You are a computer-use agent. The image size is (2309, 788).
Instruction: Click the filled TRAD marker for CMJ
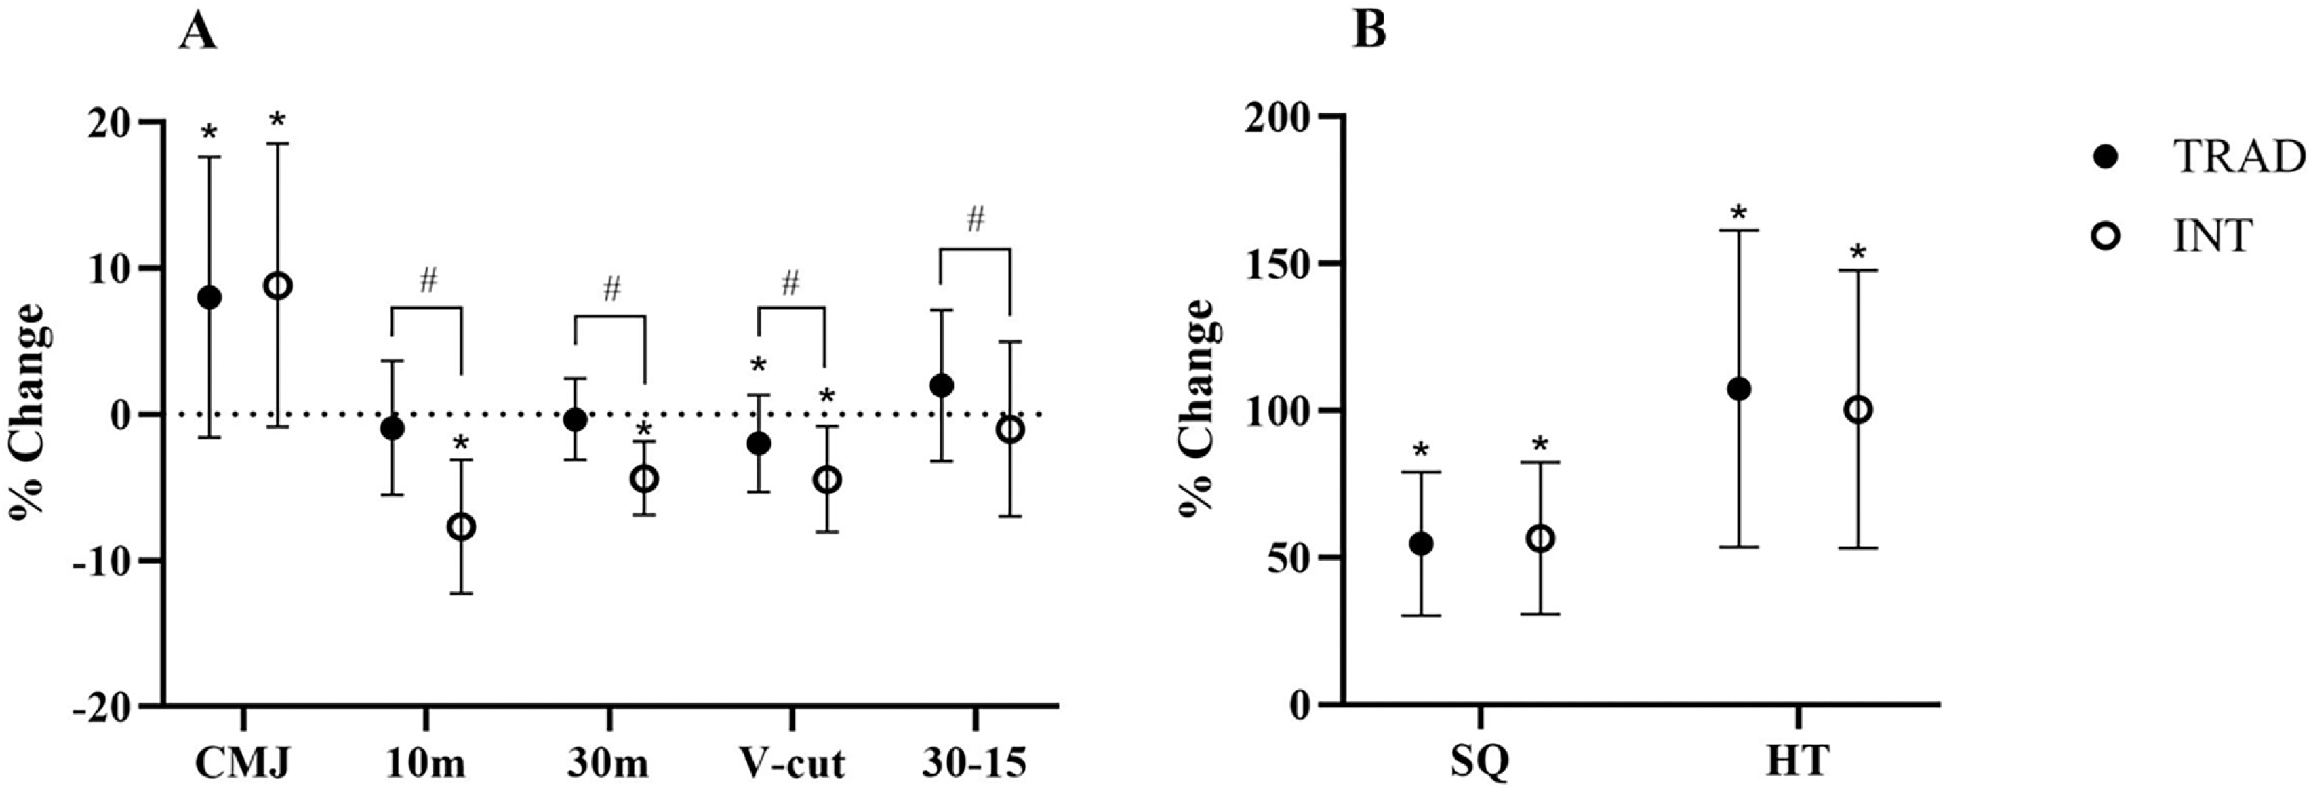(x=209, y=298)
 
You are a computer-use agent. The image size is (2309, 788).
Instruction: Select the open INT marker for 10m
(x=462, y=527)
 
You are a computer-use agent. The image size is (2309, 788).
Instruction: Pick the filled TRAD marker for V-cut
(x=759, y=444)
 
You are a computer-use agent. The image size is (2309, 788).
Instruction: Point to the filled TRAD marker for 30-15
(x=941, y=385)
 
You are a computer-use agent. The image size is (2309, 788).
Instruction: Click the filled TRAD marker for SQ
(x=1421, y=544)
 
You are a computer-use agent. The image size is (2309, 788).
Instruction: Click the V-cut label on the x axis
(x=792, y=764)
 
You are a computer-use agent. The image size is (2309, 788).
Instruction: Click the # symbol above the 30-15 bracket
(x=976, y=220)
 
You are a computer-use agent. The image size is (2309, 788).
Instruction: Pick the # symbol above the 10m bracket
(x=428, y=281)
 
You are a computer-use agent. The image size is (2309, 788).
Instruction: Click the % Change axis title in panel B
(x=1197, y=404)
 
